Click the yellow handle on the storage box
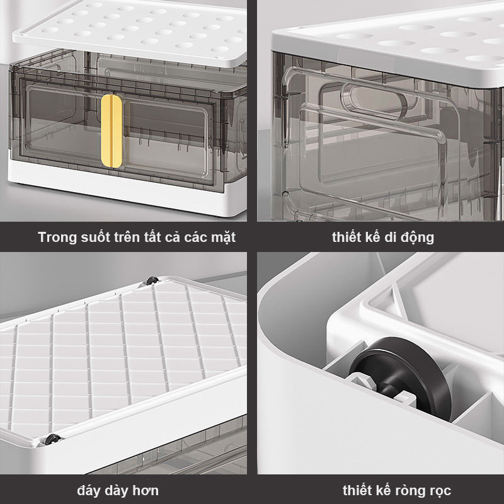point(112,131)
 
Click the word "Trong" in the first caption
point(57,238)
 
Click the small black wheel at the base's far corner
point(152,280)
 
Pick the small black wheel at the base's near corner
point(52,439)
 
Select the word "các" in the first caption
point(196,238)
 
